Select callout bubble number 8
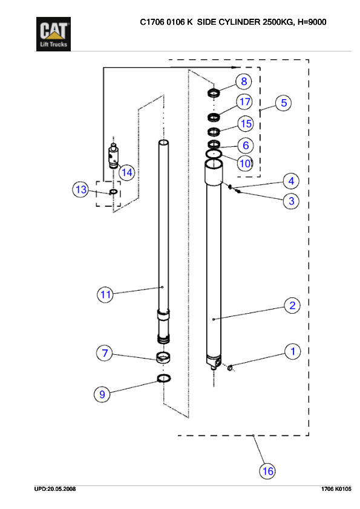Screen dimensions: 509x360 [x=244, y=82]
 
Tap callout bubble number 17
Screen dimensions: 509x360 [x=244, y=101]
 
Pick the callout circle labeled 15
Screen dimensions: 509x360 [x=245, y=124]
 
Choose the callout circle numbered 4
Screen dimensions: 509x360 [x=291, y=181]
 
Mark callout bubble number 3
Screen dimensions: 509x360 [x=291, y=201]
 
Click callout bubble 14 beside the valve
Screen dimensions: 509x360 [x=126, y=172]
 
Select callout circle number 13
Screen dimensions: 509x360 [x=80, y=190]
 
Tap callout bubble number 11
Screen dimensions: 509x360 [x=106, y=294]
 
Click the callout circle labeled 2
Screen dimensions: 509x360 [x=292, y=305]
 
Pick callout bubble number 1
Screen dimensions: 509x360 [x=293, y=351]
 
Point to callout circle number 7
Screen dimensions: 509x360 [x=105, y=354]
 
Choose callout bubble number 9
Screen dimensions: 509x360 [x=102, y=394]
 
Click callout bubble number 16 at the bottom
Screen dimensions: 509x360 [x=267, y=470]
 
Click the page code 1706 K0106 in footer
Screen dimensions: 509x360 [x=336, y=488]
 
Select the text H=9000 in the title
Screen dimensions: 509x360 [x=313, y=22]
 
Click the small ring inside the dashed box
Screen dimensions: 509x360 [x=113, y=192]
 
